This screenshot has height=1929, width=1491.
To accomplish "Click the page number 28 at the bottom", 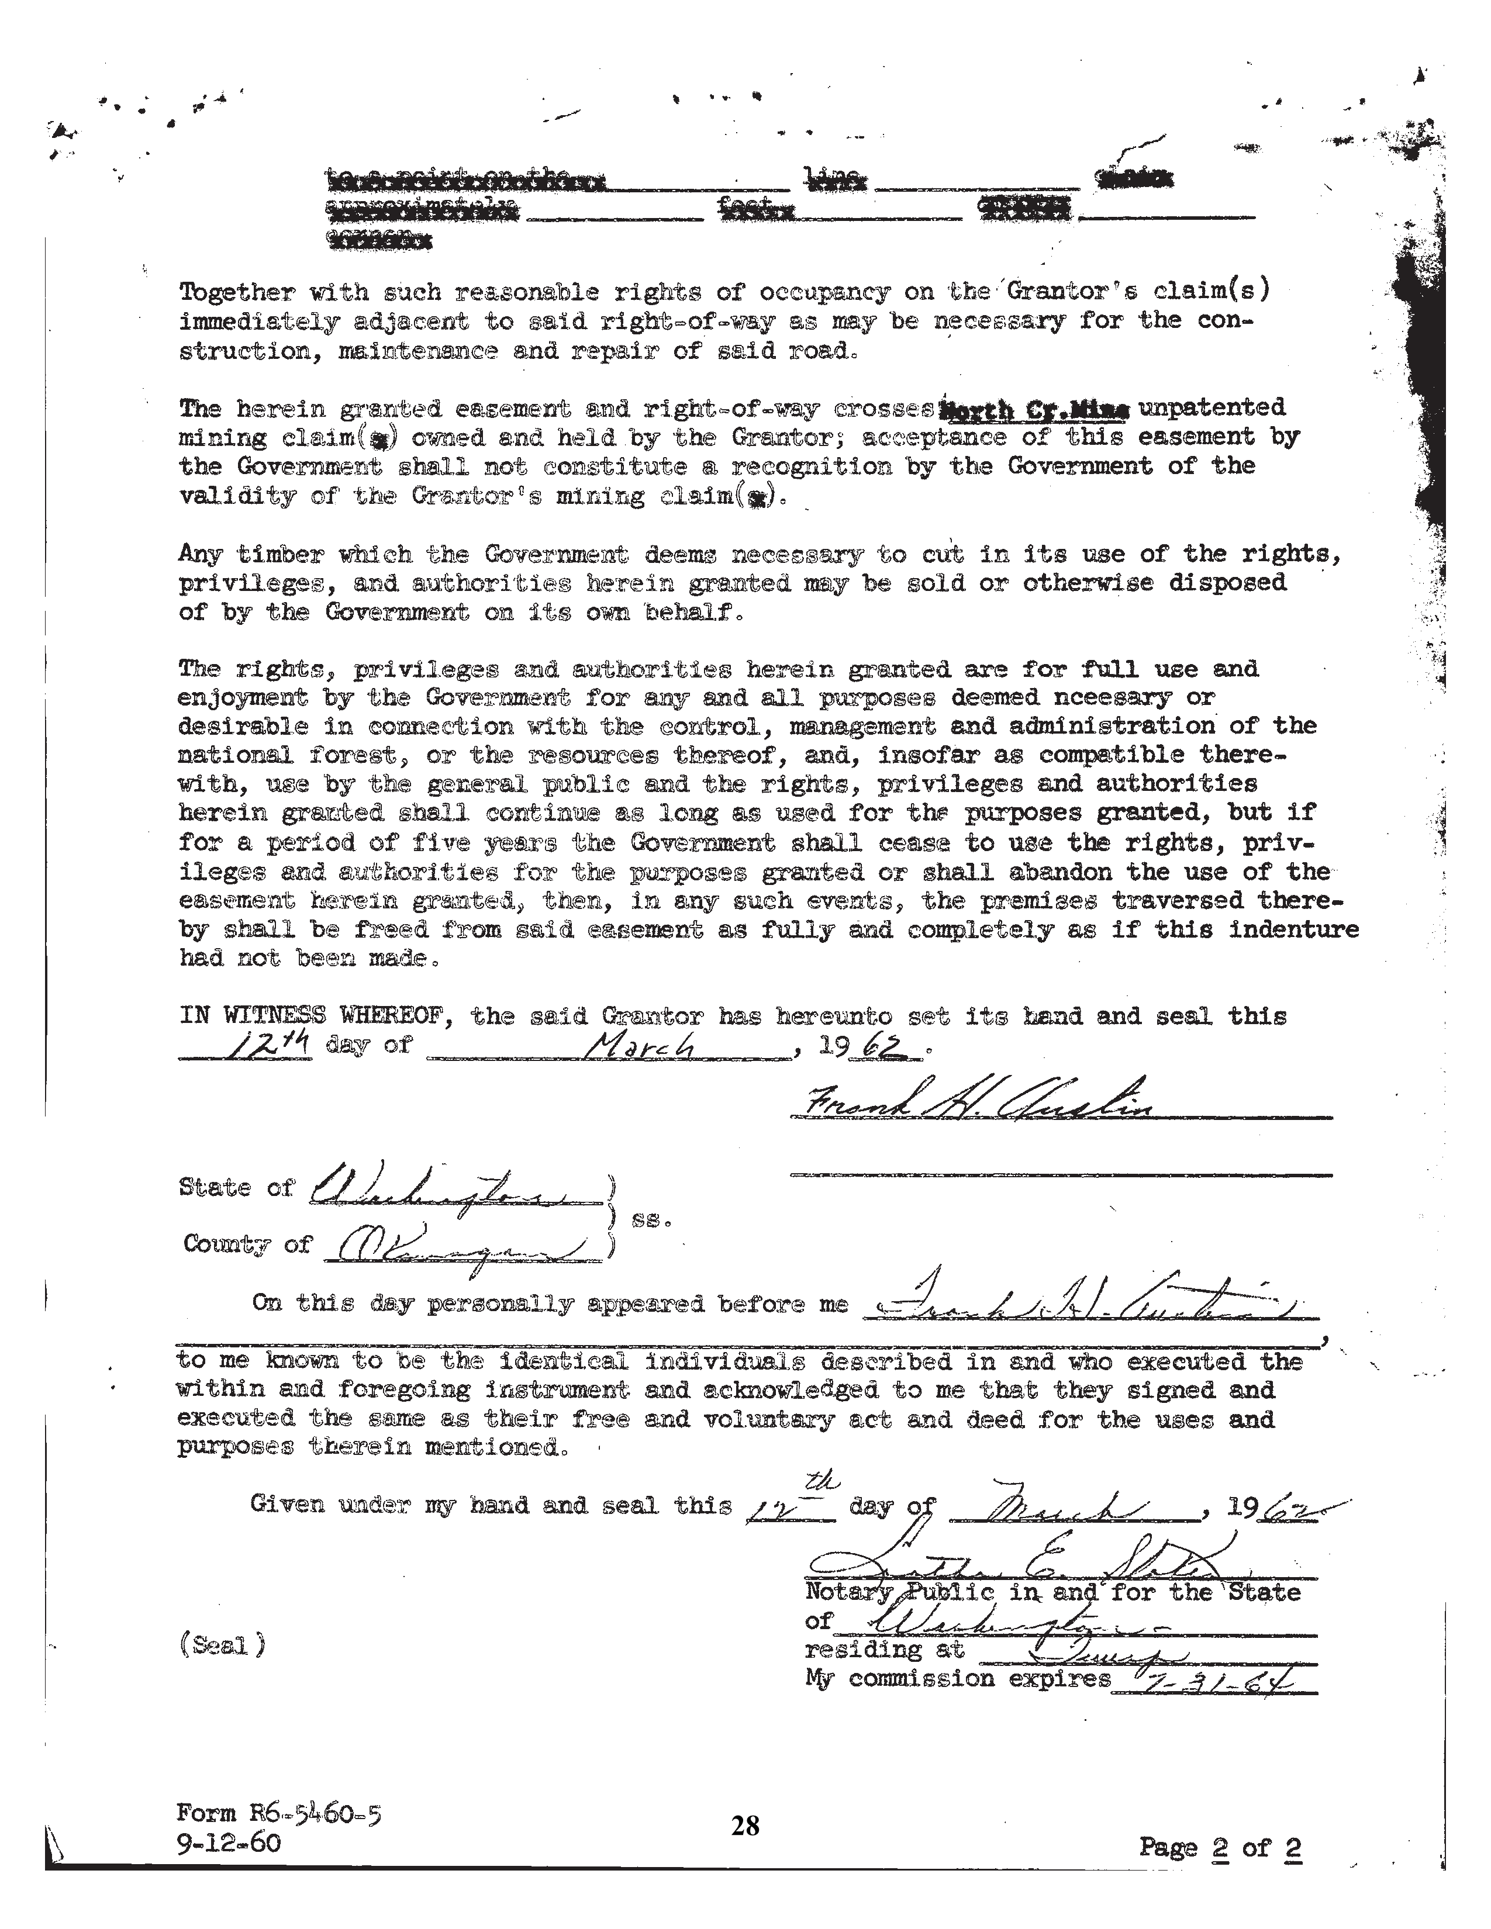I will point(744,1825).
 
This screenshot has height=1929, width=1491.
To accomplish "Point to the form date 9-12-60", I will point(229,1843).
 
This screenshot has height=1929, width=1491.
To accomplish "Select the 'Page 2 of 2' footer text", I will point(1220,1847).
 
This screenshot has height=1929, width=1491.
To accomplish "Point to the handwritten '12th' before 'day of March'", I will point(268,1046).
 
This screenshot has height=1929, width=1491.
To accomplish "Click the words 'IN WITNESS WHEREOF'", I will point(317,1016).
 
